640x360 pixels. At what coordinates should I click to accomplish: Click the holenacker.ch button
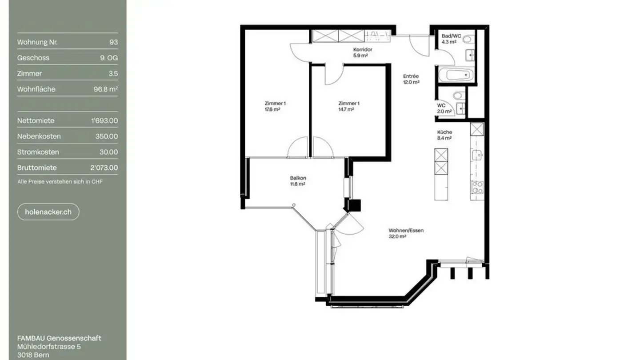[x=48, y=212]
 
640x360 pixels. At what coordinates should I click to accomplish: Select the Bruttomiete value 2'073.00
[x=104, y=168]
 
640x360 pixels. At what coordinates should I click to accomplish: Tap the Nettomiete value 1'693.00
[x=104, y=120]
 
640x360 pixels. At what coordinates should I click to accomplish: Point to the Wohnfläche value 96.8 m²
[x=105, y=89]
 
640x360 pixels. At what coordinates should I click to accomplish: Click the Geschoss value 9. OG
[x=109, y=58]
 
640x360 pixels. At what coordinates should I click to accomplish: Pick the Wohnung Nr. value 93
[x=113, y=42]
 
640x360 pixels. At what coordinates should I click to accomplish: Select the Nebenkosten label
[x=39, y=136]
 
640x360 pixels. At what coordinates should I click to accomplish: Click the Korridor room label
[x=362, y=50]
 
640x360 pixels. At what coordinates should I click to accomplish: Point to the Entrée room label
[x=411, y=76]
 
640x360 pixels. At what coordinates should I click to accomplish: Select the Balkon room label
[x=298, y=178]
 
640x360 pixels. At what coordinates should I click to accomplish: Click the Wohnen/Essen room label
[x=406, y=230]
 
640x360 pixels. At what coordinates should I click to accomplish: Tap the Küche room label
[x=444, y=132]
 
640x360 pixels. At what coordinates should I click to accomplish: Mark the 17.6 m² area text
[x=272, y=109]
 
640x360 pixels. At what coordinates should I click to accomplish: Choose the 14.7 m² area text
[x=346, y=109]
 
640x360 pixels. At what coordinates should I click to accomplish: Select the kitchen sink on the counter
[x=477, y=155]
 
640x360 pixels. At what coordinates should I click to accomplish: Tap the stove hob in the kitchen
[x=477, y=187]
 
